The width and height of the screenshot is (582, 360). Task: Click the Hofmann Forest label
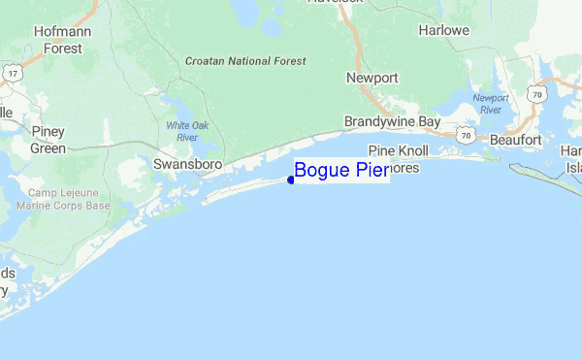coord(55,39)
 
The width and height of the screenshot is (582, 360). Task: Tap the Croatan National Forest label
coord(245,61)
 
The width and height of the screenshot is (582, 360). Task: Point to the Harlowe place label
coord(444,30)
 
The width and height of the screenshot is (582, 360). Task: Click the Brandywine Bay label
coord(392,122)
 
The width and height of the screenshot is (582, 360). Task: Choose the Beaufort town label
coord(515,141)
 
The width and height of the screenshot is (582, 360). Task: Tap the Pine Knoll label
coord(398,152)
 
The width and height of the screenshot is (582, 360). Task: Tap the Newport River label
coord(491,104)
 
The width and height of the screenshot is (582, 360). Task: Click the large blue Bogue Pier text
coord(340,172)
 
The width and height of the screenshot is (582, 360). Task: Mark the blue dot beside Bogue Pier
coord(291,180)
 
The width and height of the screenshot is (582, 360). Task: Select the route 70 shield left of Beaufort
coord(467,134)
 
